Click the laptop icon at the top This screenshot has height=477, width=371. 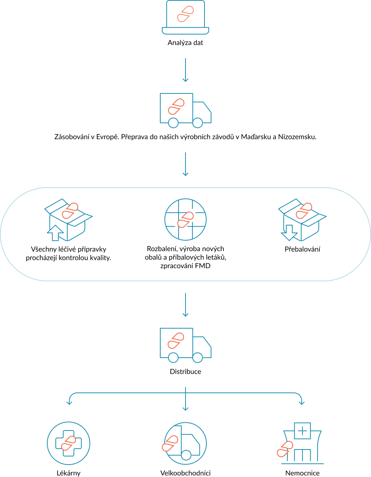pos(185,18)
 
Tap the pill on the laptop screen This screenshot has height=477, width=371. pos(185,14)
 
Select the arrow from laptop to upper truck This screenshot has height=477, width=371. pos(185,70)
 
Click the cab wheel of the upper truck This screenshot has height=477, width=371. pos(198,123)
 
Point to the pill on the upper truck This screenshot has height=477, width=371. pos(176,107)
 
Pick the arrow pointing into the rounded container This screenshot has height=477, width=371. pos(185,164)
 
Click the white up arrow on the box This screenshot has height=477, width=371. pos(55,233)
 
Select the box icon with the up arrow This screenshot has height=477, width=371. pos(69,220)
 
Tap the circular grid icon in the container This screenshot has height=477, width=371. pos(185,219)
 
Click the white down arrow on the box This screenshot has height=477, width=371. pos(289,232)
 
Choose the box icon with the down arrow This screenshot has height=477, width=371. pos(302,220)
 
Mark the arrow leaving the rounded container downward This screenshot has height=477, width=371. pos(185,305)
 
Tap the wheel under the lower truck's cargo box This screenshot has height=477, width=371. pos(173,358)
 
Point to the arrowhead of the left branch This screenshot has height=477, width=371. pos(69,403)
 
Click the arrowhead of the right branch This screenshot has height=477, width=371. pos(302,403)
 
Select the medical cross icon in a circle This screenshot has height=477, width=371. pos(69,443)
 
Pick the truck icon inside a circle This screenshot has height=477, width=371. pos(185,443)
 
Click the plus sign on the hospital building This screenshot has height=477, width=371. pos(302,431)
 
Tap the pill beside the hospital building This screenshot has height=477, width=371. pos(285,449)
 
